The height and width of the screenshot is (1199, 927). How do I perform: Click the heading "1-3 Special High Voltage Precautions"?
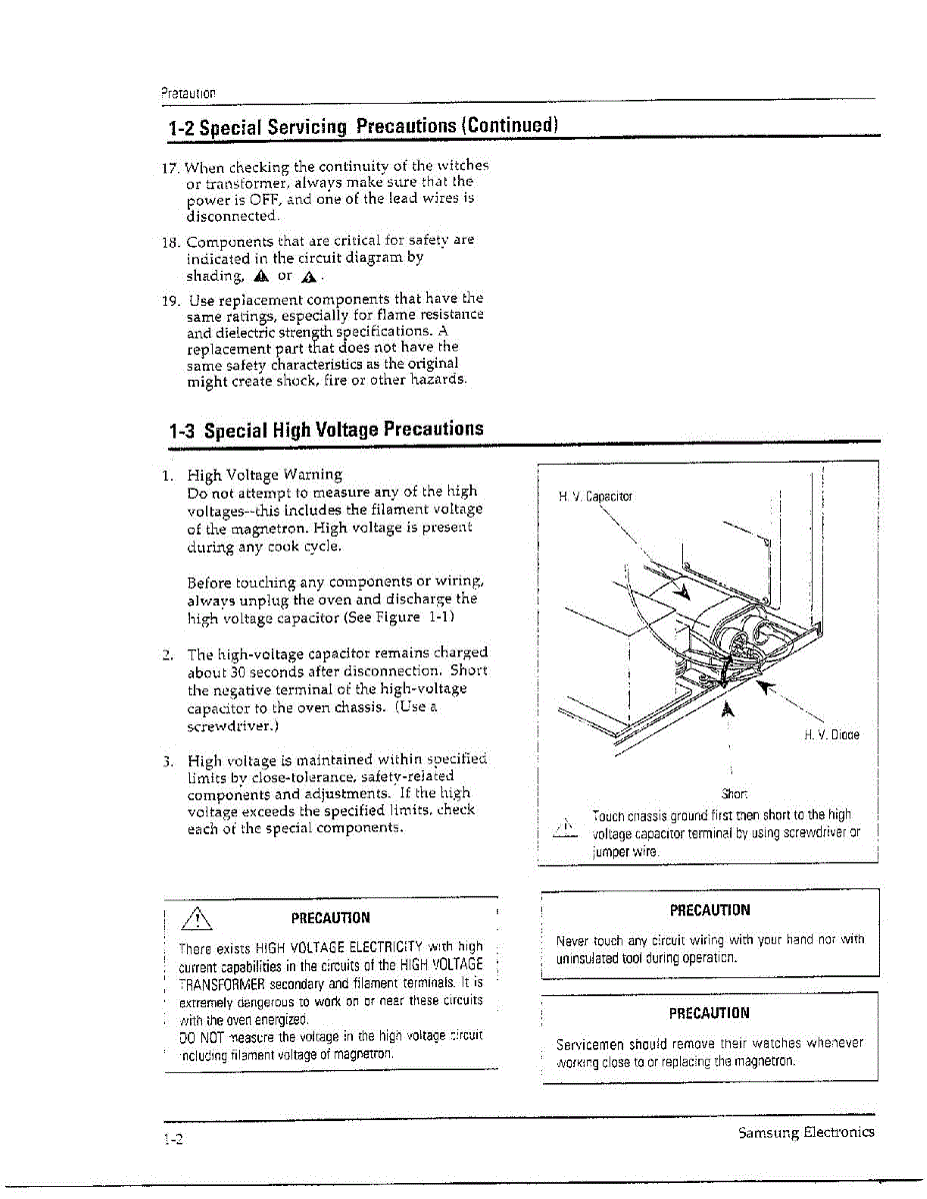[x=326, y=430]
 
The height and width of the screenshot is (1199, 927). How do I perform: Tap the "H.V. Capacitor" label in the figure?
[x=595, y=496]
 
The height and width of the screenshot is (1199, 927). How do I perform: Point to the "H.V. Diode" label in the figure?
[x=831, y=734]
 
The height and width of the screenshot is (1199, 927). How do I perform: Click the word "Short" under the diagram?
[x=735, y=794]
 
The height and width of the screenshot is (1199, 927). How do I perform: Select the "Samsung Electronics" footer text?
[x=806, y=1132]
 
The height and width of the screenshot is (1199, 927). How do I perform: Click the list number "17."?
[x=170, y=166]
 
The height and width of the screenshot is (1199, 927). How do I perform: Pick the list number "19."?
[x=170, y=299]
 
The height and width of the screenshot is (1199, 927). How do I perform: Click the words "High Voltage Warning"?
[x=264, y=475]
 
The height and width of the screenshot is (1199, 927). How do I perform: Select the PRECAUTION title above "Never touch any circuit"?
[x=710, y=910]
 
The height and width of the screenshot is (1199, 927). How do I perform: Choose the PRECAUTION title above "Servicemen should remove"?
[x=709, y=1013]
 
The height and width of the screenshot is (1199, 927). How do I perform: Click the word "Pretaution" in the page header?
[x=188, y=94]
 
